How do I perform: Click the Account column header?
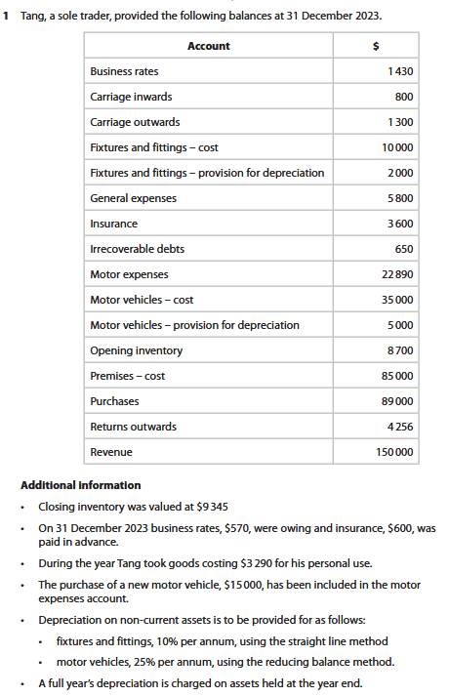(x=208, y=46)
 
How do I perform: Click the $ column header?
(x=377, y=46)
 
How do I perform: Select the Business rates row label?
(x=124, y=71)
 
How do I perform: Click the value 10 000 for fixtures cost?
(x=395, y=147)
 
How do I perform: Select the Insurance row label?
(x=113, y=224)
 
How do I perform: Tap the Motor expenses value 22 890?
(x=395, y=274)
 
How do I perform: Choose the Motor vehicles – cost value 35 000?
(x=395, y=300)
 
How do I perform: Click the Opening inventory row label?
(x=136, y=350)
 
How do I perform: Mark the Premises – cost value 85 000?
(x=395, y=376)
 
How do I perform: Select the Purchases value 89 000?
(x=395, y=401)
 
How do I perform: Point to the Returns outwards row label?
(x=133, y=427)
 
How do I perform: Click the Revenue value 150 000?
(x=393, y=452)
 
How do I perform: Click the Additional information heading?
(x=80, y=485)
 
